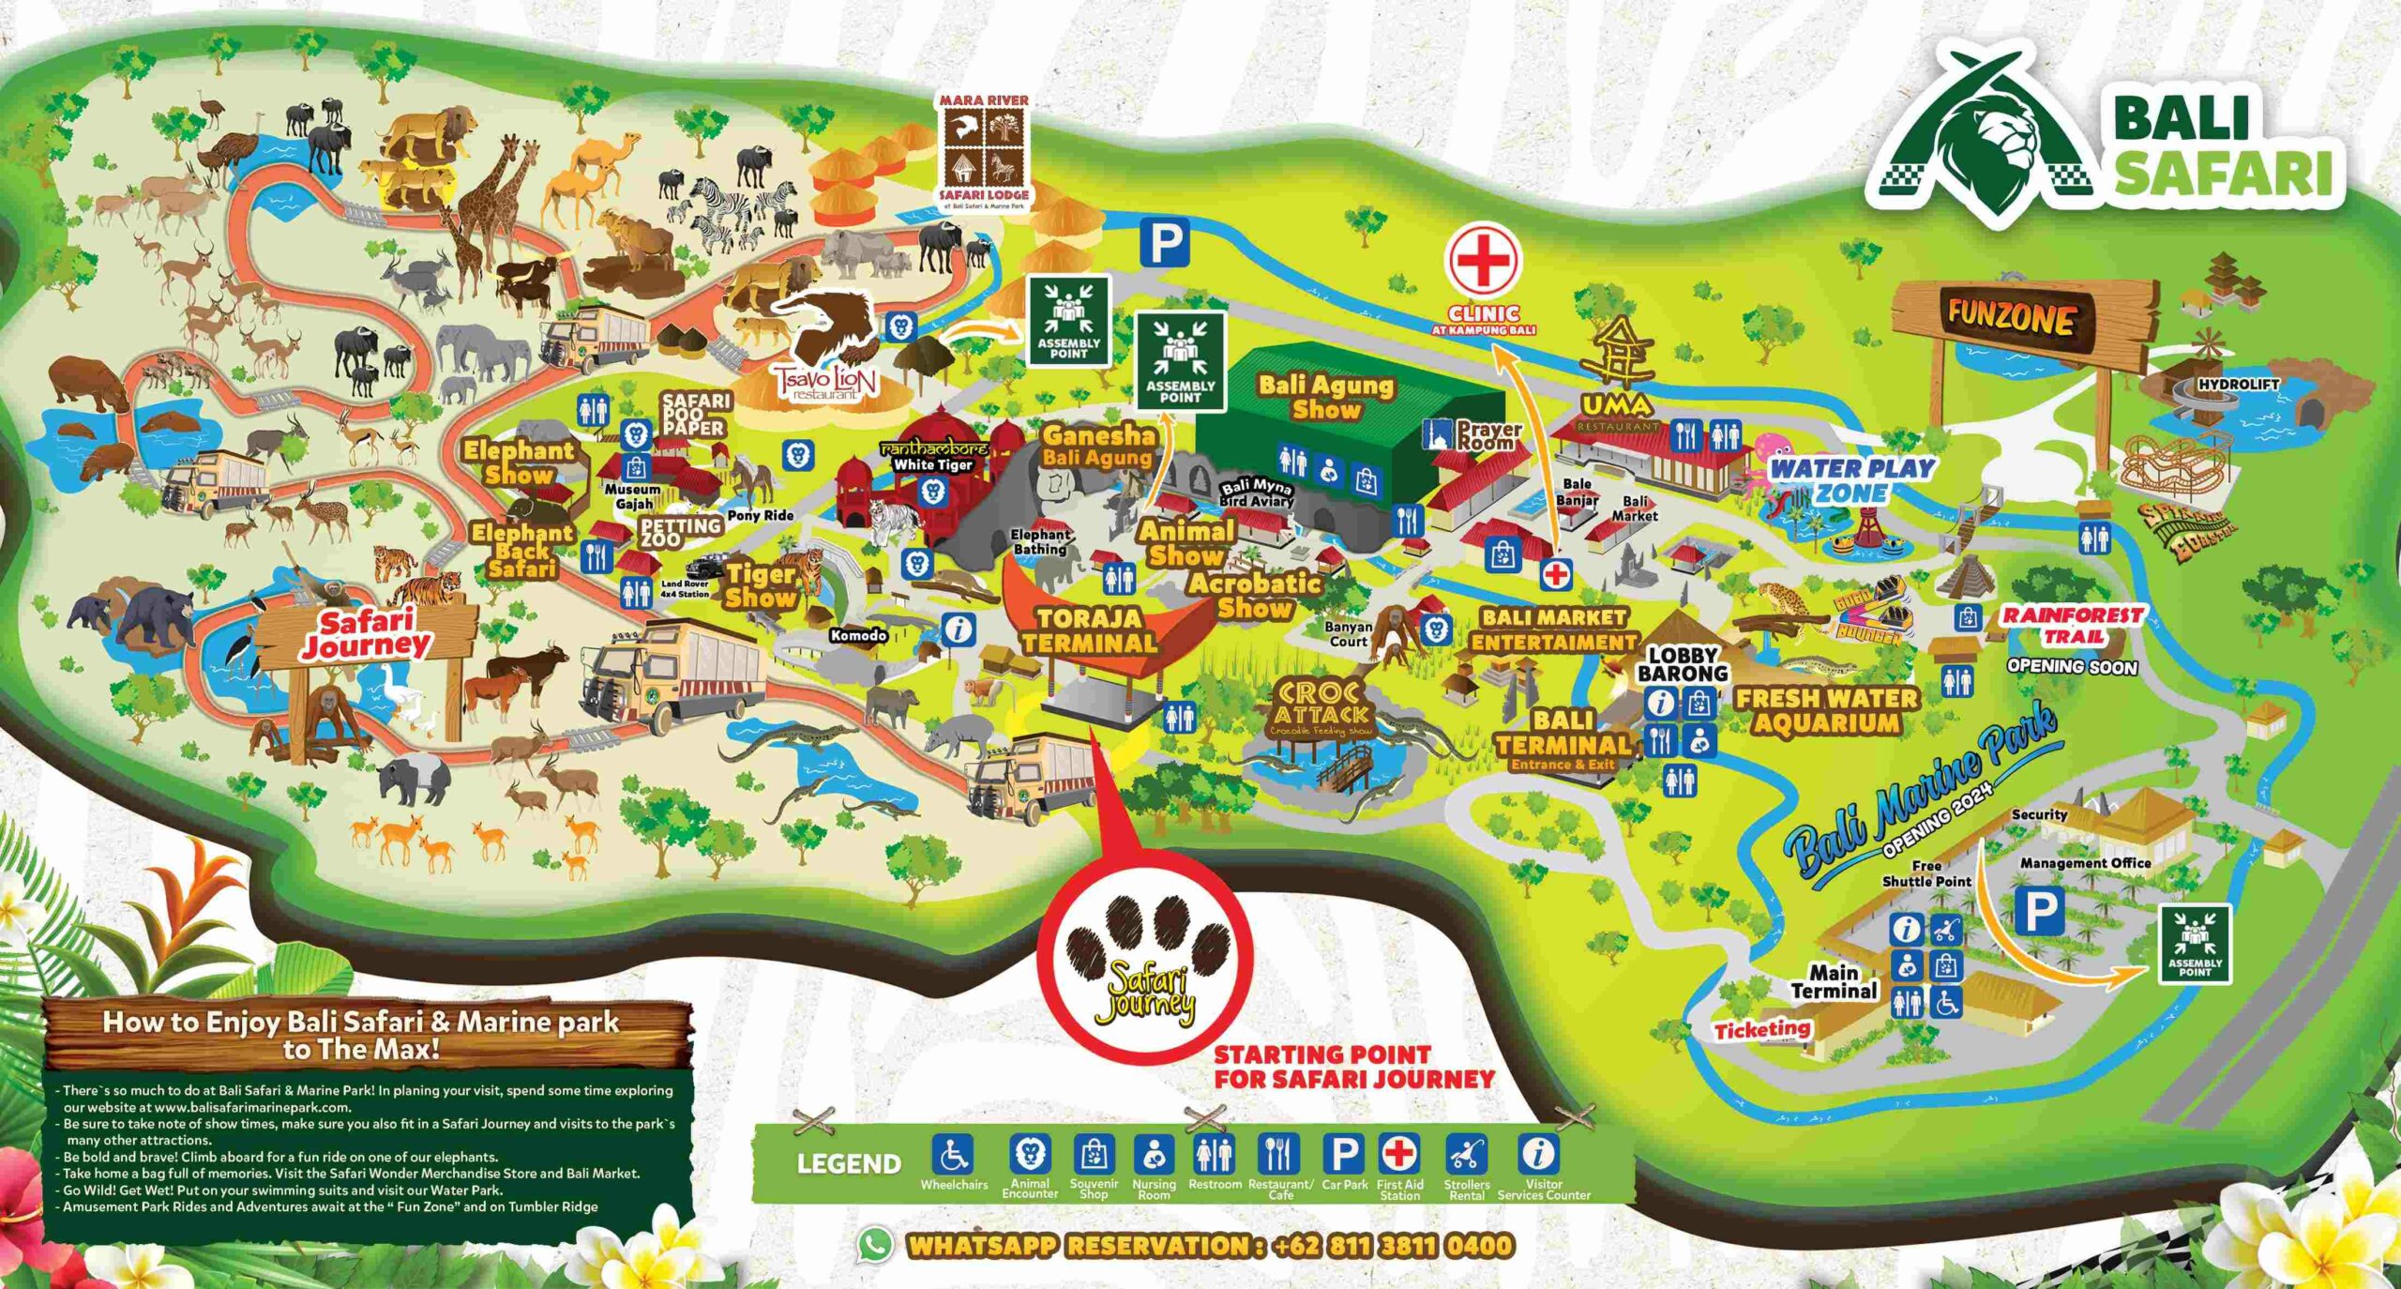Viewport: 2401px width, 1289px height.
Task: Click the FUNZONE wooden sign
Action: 2010,318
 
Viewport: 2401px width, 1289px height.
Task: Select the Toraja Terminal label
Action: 1088,630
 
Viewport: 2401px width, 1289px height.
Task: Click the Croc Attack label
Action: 1319,705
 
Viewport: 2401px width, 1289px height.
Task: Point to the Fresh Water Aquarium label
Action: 1826,710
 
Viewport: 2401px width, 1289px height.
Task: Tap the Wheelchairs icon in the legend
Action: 953,1155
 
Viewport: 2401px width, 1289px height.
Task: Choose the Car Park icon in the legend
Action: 1344,1155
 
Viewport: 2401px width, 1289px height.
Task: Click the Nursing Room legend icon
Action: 1153,1155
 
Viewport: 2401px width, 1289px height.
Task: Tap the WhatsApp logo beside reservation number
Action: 875,1245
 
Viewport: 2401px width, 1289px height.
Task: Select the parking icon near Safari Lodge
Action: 1165,242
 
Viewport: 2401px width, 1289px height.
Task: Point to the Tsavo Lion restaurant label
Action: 824,380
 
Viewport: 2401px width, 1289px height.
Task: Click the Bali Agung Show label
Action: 1325,397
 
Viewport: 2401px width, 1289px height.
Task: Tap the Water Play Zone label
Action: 1852,479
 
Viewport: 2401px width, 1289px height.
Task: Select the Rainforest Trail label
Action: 2073,625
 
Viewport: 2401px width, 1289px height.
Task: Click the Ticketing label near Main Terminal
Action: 1762,1029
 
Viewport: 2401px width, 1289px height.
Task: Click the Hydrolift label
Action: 2238,385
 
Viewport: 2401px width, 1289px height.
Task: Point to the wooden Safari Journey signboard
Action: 366,633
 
